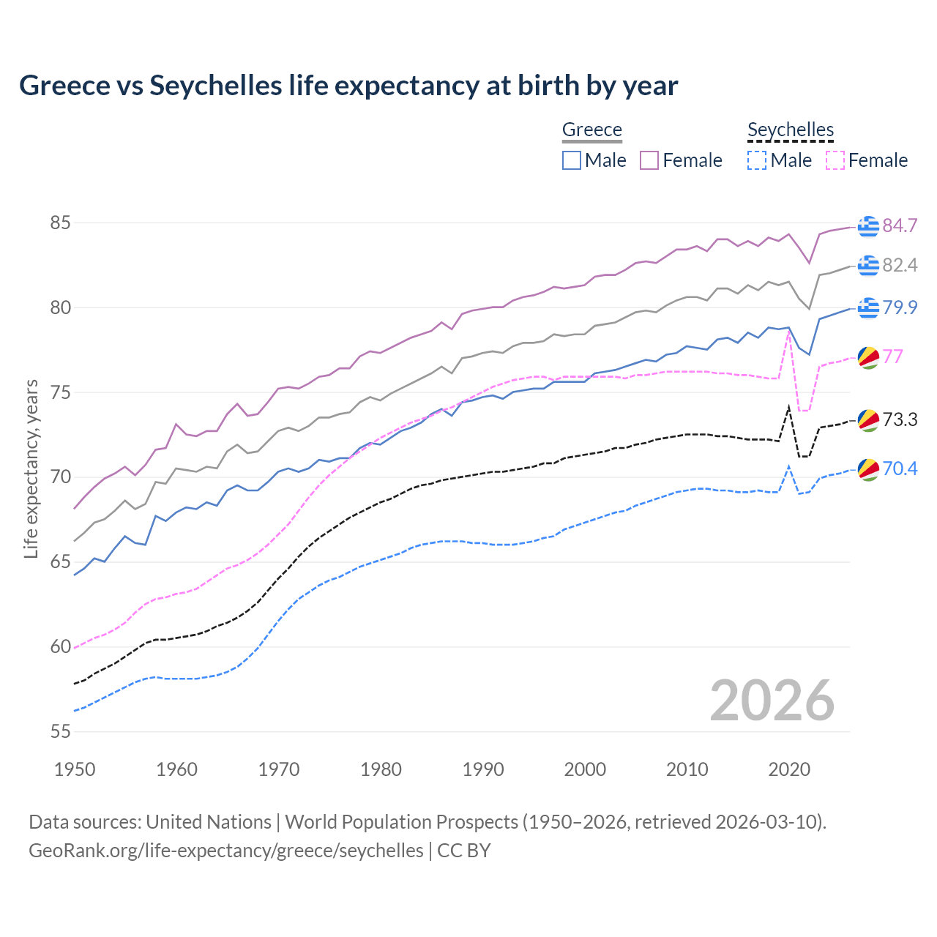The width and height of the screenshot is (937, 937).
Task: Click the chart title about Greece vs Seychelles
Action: [x=348, y=86]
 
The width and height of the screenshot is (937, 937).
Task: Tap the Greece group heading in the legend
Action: [x=591, y=130]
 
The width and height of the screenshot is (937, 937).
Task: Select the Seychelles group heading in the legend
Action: [x=791, y=130]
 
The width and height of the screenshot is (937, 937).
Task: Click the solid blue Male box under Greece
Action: [x=572, y=160]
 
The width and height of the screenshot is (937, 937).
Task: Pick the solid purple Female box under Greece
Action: [x=649, y=160]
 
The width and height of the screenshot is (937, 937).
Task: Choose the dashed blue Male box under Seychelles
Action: [x=757, y=160]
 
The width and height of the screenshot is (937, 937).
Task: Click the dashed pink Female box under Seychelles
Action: [x=835, y=160]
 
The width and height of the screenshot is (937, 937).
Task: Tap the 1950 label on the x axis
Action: [x=75, y=769]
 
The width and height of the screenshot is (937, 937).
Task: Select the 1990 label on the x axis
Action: [x=483, y=769]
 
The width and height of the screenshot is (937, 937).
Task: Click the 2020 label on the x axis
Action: [x=789, y=769]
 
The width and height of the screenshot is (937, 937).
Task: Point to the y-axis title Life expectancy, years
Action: [x=31, y=468]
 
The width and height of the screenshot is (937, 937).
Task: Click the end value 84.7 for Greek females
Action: [x=900, y=225]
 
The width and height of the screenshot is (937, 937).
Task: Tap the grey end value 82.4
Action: [x=900, y=265]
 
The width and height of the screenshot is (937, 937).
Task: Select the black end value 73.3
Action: [x=900, y=419]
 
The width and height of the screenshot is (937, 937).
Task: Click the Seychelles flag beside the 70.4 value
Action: [x=868, y=469]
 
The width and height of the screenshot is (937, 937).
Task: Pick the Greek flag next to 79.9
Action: [x=868, y=308]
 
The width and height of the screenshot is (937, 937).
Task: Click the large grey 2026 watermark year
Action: [x=772, y=701]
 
